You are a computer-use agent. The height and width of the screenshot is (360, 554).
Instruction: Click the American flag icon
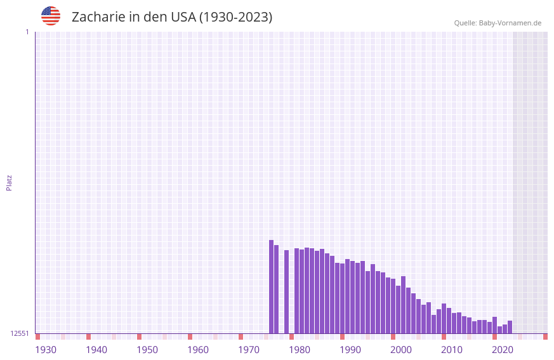pyautogui.click(x=51, y=16)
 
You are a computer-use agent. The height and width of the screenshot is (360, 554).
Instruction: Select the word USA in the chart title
pyautogui.click(x=183, y=17)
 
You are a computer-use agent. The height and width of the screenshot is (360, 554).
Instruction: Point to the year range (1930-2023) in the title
pyautogui.click(x=235, y=17)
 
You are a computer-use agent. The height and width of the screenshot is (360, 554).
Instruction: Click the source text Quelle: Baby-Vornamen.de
pyautogui.click(x=498, y=23)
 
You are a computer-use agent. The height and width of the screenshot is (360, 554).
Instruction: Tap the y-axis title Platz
pyautogui.click(x=9, y=182)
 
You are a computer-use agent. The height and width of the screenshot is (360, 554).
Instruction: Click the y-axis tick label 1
pyautogui.click(x=27, y=32)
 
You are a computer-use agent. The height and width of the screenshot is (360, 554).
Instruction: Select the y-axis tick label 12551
pyautogui.click(x=20, y=333)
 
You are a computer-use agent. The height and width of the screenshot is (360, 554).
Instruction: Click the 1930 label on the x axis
pyautogui.click(x=46, y=350)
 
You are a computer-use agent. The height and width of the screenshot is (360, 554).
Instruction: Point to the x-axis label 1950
pyautogui.click(x=147, y=350)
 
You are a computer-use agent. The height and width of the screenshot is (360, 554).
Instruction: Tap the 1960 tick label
pyautogui.click(x=198, y=350)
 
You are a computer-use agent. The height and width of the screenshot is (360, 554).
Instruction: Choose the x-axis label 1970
pyautogui.click(x=249, y=350)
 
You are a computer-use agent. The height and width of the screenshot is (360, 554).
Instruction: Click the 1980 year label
pyautogui.click(x=300, y=350)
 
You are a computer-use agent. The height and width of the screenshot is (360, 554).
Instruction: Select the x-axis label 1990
pyautogui.click(x=350, y=350)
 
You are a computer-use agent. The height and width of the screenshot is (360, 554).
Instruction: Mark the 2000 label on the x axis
pyautogui.click(x=401, y=350)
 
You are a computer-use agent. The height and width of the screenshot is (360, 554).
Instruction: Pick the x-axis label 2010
pyautogui.click(x=452, y=350)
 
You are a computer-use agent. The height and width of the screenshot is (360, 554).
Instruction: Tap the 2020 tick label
pyautogui.click(x=503, y=350)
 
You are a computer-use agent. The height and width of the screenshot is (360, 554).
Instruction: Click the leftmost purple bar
pyautogui.click(x=272, y=286)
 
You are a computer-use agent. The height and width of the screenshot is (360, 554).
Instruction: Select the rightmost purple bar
pyautogui.click(x=510, y=327)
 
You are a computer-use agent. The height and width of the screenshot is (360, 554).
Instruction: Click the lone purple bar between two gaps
pyautogui.click(x=287, y=291)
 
